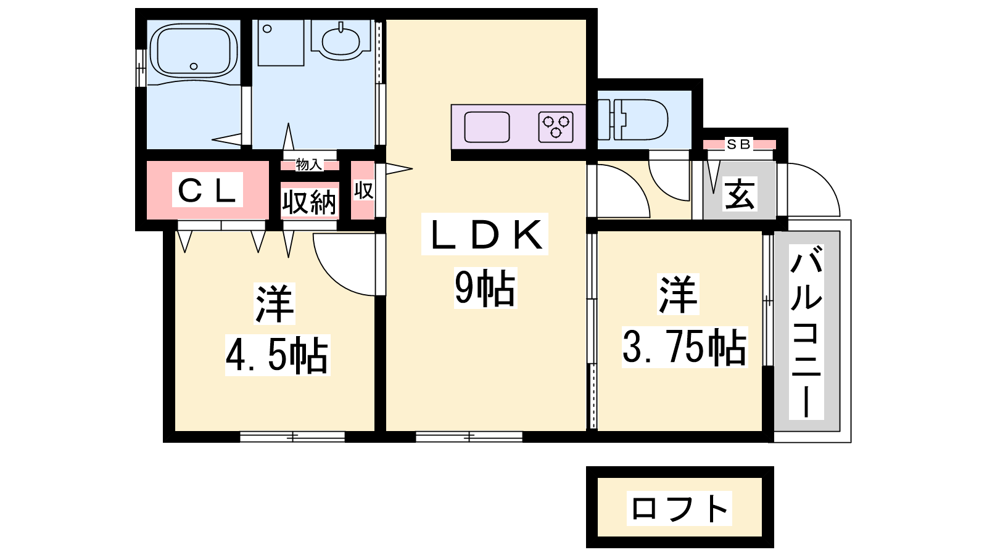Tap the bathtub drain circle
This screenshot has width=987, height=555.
194,67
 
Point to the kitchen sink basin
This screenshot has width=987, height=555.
487,127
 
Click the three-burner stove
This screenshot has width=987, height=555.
556,127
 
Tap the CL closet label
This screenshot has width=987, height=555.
207,191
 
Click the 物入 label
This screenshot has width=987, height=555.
309,165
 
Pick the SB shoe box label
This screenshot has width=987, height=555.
738,144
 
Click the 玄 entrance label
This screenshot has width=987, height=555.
740,194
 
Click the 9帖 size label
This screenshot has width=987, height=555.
485,288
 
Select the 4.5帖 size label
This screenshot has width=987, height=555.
277,355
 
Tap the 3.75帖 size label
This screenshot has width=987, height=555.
684,347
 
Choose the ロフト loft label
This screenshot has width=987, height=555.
679,508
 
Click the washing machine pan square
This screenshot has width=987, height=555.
281,43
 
